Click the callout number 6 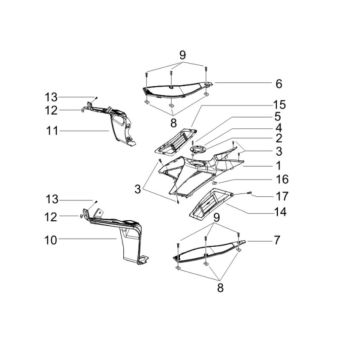click(x=279, y=84)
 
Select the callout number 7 click(x=277, y=240)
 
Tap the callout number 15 click(x=279, y=105)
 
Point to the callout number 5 click(x=278, y=116)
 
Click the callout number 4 click(x=278, y=128)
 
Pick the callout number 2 click(x=279, y=139)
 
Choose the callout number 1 click(x=278, y=165)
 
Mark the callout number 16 click(x=281, y=180)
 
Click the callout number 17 click(x=281, y=196)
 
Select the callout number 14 click(x=280, y=211)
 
